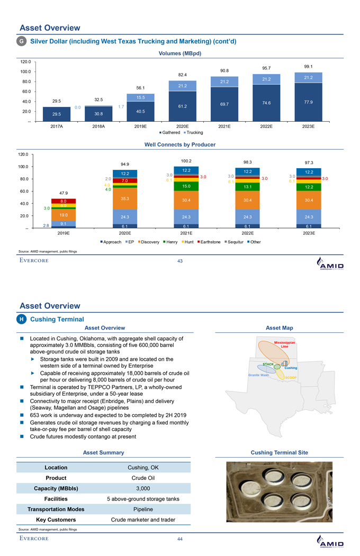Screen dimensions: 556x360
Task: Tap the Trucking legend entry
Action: (x=197, y=132)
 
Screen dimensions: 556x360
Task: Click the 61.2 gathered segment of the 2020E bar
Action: (x=183, y=106)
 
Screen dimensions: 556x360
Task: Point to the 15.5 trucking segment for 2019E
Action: (x=140, y=97)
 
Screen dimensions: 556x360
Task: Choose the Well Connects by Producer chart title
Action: (x=180, y=144)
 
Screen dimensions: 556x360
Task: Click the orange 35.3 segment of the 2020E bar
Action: (x=125, y=199)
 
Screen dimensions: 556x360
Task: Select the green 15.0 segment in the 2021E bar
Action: (x=186, y=186)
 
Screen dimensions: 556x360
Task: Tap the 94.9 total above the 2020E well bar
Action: (x=125, y=164)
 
